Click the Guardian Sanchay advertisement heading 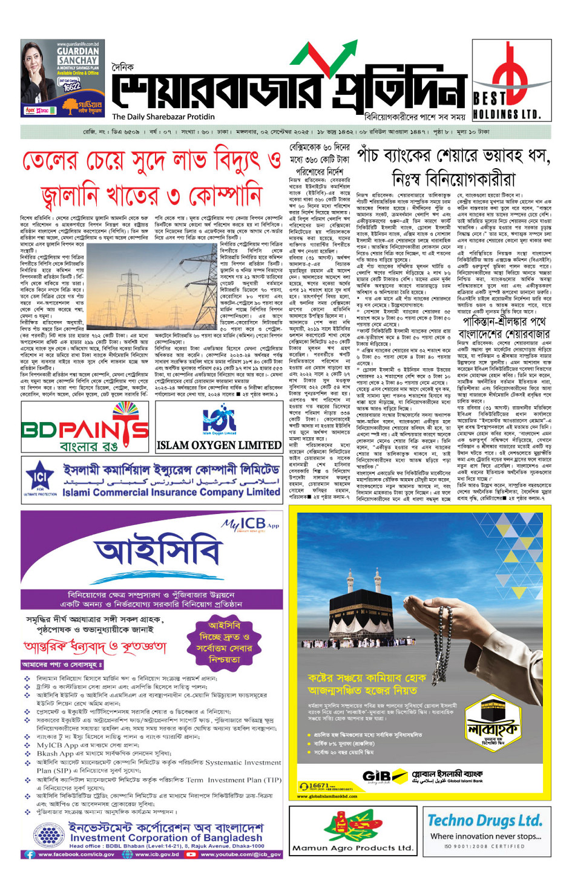coord(77,56)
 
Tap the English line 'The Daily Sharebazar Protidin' coord(163,117)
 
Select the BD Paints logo coord(85,428)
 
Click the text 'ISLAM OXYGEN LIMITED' coord(219,445)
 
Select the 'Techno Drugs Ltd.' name coord(484,821)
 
